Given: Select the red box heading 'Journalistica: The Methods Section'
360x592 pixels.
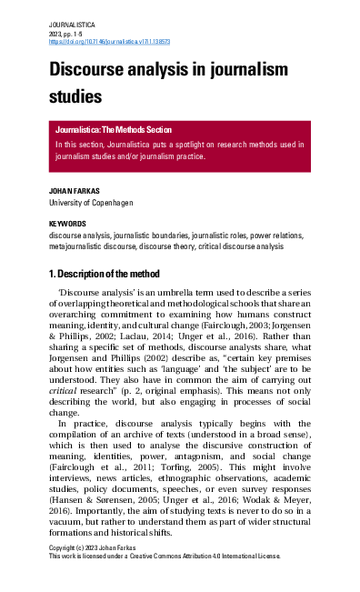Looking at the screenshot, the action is pyautogui.click(x=125, y=130).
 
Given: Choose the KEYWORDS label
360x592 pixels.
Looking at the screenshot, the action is pyautogui.click(x=67, y=224).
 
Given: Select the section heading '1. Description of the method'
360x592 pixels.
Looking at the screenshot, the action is pyautogui.click(x=105, y=274).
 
